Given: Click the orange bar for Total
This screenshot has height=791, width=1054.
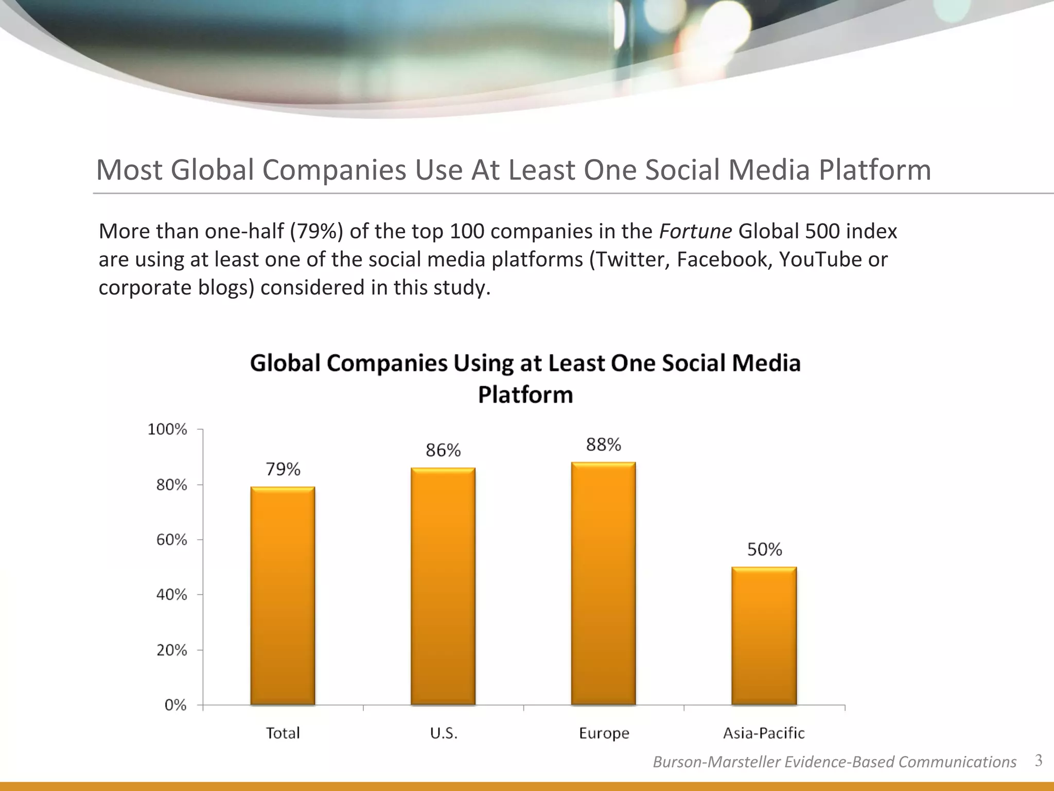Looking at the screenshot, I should pos(283,595).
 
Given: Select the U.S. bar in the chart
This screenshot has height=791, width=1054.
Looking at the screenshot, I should pos(443,586).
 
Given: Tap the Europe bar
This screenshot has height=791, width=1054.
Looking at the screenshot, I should pos(603,583).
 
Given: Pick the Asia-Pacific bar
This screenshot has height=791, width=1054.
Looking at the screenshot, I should pos(764,635).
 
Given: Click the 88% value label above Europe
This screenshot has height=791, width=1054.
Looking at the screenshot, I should pos(603,444).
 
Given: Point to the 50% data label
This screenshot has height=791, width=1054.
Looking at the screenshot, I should pos(764,549).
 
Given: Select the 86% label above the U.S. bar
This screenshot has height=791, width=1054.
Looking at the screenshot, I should pos(443,451).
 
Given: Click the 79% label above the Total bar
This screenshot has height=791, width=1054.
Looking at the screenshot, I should pos(283,469).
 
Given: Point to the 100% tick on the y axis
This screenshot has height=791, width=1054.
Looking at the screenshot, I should pos(167,429).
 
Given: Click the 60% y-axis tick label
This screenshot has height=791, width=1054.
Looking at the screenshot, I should pos(171,540).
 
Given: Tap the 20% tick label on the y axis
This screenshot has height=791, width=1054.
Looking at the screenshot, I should pos(171,650).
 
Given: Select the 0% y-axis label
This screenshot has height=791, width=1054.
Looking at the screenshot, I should pos(175,705).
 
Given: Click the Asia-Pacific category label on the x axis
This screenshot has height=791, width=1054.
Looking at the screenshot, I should pos(764,733).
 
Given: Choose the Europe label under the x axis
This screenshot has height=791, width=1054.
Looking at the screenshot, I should pos(604,733).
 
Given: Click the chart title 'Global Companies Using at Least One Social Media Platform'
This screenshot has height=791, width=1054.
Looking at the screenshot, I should pos(525,379).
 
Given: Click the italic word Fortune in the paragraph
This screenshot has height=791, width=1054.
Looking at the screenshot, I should pos(695,232).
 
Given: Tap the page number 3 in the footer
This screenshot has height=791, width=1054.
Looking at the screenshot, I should pos(1039,761).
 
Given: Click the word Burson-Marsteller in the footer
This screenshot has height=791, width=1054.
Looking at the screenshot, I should pos(717,762).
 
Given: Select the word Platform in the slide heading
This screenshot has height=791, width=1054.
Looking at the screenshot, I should pos(875,170).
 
